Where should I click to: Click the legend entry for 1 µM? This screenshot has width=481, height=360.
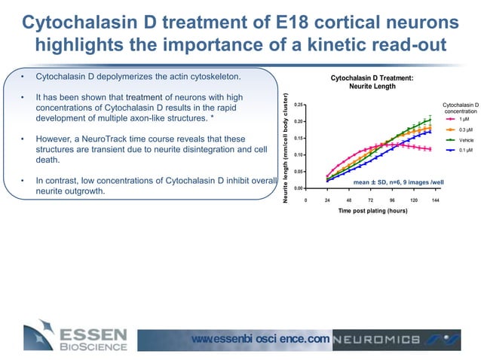coord(458,119)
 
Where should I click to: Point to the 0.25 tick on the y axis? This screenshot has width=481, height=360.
coord(299,105)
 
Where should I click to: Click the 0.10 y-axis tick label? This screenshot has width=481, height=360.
coord(299,155)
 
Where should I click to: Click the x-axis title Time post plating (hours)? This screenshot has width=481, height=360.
coord(372,212)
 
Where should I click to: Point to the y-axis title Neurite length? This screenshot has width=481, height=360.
coord(286,147)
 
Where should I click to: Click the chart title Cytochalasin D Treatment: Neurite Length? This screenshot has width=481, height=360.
coord(372,82)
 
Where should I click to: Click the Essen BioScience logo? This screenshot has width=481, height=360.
coord(75,337)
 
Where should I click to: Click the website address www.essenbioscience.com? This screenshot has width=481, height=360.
coord(260,339)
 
